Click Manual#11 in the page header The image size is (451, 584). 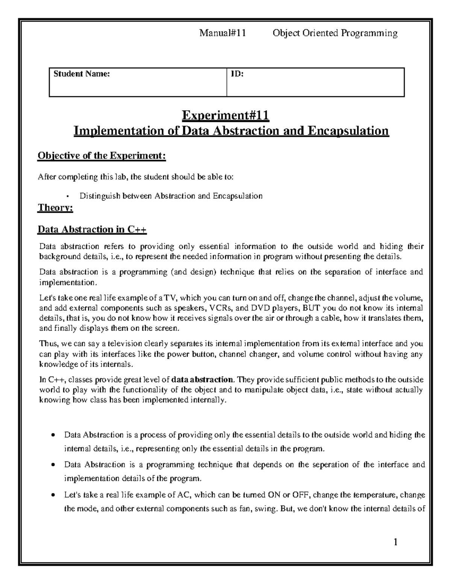(222, 33)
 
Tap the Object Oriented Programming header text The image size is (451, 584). (335, 33)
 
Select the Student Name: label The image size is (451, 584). (82, 74)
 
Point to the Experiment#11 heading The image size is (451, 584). (225, 115)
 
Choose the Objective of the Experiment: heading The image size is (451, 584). (101, 155)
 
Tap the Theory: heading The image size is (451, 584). (55, 208)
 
